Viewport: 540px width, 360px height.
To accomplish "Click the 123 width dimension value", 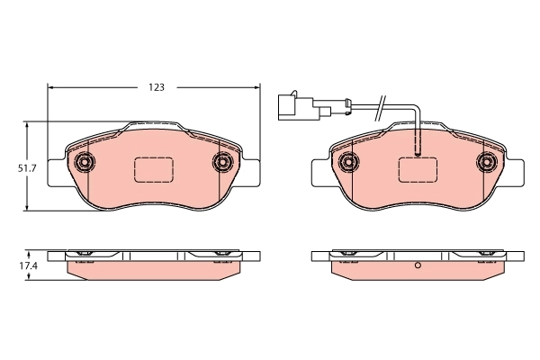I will point(156,87).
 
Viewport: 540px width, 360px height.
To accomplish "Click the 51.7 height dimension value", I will point(27,168).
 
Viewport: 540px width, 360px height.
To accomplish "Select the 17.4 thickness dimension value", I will point(27,267).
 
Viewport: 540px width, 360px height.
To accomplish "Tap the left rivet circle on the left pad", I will point(85,162).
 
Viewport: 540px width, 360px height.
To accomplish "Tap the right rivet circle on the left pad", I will point(221,162).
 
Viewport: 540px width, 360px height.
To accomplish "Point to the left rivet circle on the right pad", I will point(348,162).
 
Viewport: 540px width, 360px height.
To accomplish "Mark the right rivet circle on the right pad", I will point(485,162).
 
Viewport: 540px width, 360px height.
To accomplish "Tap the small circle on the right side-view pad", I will point(417,267).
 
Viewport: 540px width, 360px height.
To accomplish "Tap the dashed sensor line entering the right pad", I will point(417,139).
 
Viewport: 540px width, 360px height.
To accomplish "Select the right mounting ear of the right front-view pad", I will point(515,171).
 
